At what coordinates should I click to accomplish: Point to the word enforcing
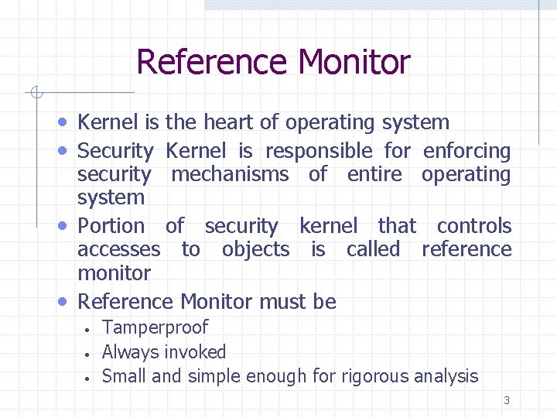point(467,151)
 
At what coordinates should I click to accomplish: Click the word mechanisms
point(230,174)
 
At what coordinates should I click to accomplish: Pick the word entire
point(374,174)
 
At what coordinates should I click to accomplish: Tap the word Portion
point(111,226)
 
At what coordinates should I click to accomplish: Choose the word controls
point(473,226)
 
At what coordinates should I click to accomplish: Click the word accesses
point(118,249)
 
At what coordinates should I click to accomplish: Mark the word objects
point(255,249)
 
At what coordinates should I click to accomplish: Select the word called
point(373,249)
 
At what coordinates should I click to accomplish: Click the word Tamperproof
point(155,328)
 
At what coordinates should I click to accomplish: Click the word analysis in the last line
point(444,377)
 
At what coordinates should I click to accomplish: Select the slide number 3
point(507,401)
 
